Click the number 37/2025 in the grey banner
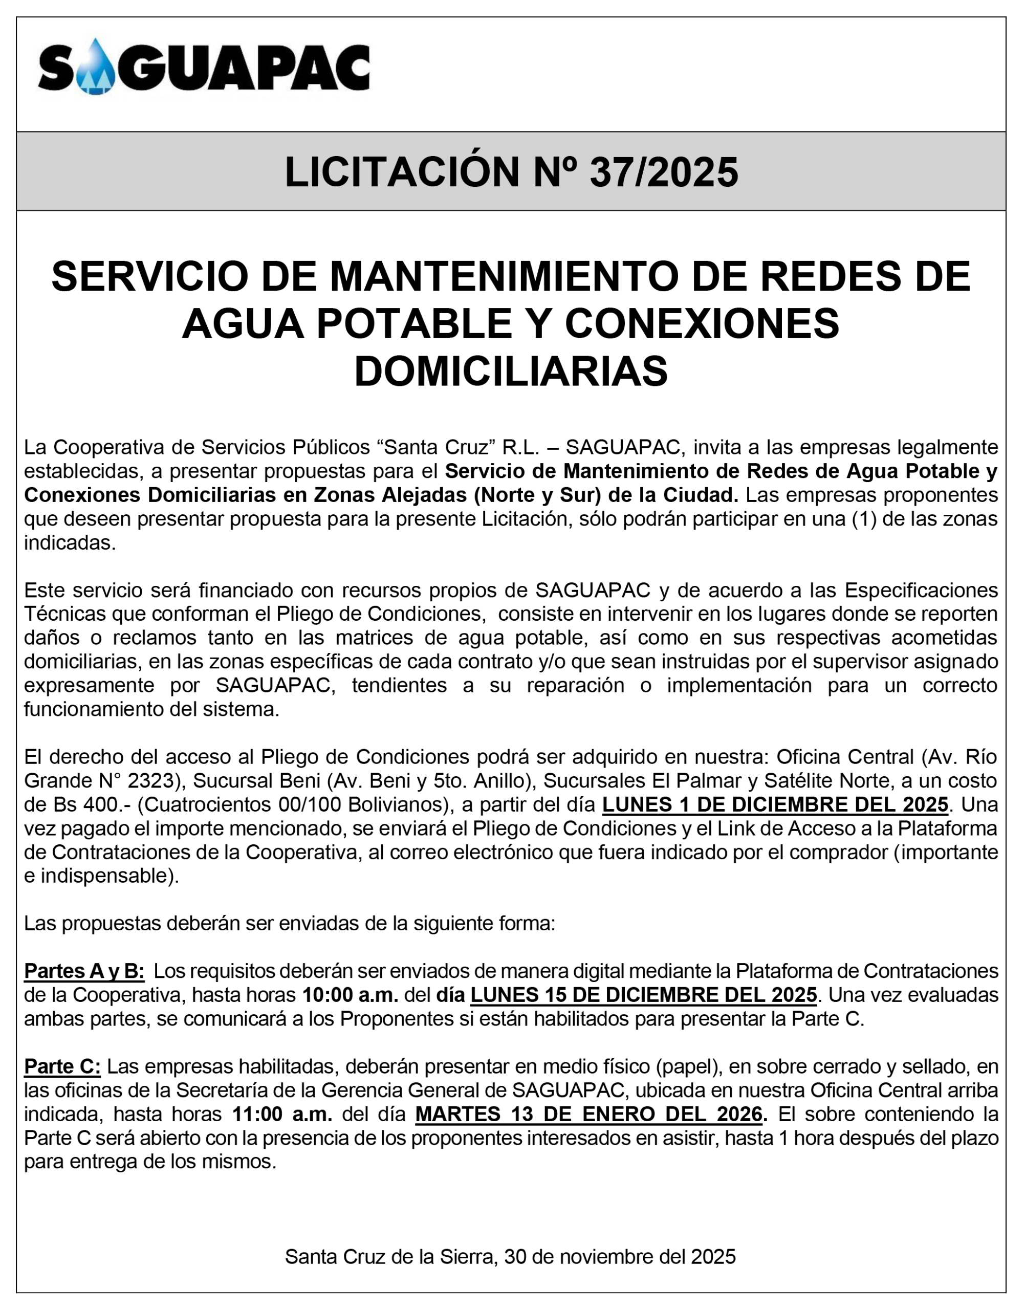pyautogui.click(x=664, y=172)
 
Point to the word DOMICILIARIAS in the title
pyautogui.click(x=511, y=372)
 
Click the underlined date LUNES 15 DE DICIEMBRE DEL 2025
pyautogui.click(x=643, y=995)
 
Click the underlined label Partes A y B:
pyautogui.click(x=84, y=971)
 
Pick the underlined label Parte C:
pyautogui.click(x=62, y=1066)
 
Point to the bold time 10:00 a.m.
pyautogui.click(x=351, y=995)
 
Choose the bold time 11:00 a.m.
pyautogui.click(x=282, y=1115)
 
